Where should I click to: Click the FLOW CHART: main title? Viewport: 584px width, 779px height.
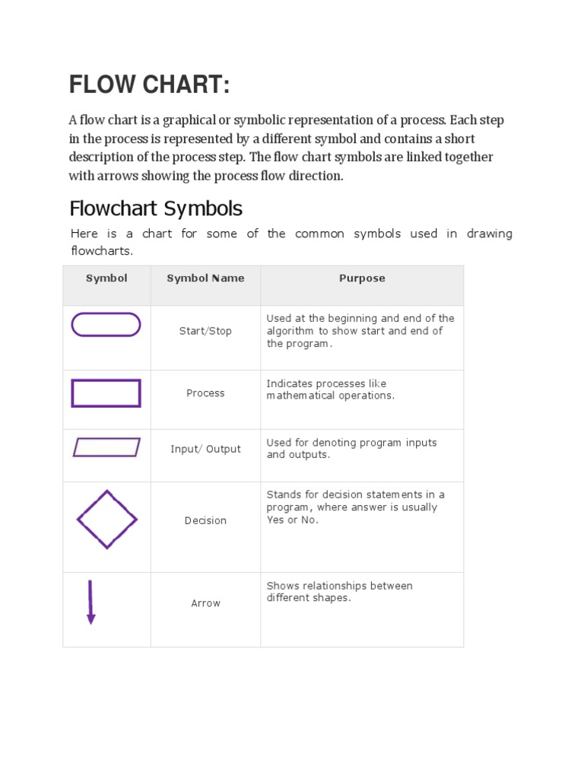coord(149,85)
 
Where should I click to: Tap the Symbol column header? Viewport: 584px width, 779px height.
coord(106,278)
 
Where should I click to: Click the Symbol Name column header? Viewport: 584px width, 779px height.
coord(205,278)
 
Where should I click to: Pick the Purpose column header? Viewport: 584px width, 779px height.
coord(362,278)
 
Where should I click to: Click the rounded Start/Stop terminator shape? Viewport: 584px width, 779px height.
coord(106,325)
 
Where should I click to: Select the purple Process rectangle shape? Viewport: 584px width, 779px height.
coord(106,393)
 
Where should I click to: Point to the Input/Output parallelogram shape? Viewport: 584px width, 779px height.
coord(106,447)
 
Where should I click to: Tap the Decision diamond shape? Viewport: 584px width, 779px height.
coord(106,520)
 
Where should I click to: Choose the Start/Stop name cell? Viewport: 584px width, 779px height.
coord(205,331)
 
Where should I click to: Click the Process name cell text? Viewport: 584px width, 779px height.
coord(205,393)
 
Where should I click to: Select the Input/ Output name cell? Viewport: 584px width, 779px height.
coord(205,449)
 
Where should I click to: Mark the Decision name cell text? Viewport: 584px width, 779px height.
coord(205,520)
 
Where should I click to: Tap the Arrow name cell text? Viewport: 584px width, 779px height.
coord(205,603)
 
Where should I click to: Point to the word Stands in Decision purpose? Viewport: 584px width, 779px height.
coord(282,495)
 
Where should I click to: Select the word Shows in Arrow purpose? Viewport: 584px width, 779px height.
coord(281,586)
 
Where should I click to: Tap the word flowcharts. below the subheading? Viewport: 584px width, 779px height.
coord(102,250)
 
